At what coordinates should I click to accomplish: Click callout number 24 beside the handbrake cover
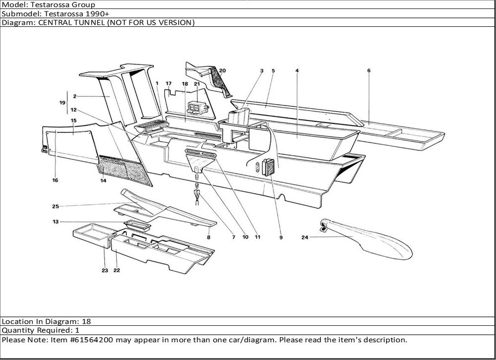(305, 238)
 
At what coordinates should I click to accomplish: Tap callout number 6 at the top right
(369, 70)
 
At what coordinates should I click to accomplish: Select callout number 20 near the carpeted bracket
(222, 71)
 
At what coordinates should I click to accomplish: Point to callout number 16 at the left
(55, 180)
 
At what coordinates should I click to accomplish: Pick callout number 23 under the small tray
(105, 271)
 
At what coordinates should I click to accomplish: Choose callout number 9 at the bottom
(281, 238)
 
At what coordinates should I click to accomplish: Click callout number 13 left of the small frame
(56, 222)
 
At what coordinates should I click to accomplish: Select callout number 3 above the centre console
(261, 71)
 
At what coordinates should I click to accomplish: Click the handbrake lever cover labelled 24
(372, 240)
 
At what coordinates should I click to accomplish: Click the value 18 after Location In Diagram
(86, 321)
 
